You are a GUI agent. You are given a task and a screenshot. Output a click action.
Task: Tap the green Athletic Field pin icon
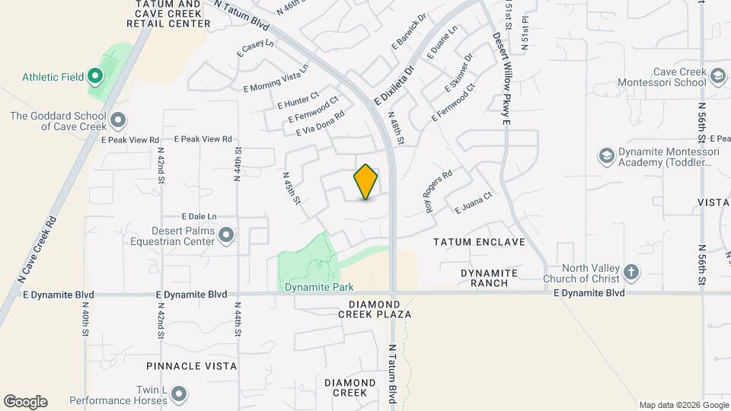[95, 76]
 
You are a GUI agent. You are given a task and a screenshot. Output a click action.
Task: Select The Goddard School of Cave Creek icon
[118, 120]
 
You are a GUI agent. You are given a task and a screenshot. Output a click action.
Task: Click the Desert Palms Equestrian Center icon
[225, 236]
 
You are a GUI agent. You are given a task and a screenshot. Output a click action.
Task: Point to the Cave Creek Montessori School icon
[717, 75]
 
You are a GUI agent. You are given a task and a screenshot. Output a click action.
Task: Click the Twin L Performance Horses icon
[178, 393]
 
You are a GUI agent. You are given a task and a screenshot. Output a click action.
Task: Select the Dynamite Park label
[319, 288]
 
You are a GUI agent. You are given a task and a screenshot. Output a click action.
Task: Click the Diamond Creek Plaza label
[380, 308]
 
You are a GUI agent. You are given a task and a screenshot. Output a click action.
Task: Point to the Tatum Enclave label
[479, 242]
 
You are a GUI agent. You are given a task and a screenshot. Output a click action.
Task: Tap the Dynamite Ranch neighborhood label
[489, 278]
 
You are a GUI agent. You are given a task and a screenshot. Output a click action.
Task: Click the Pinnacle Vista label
[190, 366]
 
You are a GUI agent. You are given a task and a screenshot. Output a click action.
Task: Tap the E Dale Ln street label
[199, 216]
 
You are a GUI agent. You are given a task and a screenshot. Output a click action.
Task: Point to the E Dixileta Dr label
[394, 85]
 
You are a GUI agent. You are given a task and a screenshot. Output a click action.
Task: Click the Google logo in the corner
[25, 402]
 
